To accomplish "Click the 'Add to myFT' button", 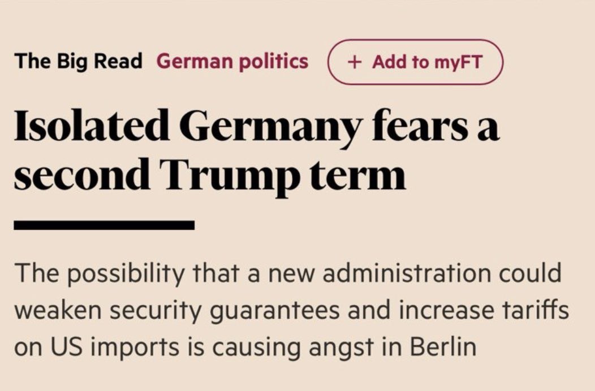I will click(415, 62).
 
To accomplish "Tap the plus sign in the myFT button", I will click(355, 62).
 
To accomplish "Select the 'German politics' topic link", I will click(232, 61).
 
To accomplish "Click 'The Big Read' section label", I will click(79, 61).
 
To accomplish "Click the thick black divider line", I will click(104, 225).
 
